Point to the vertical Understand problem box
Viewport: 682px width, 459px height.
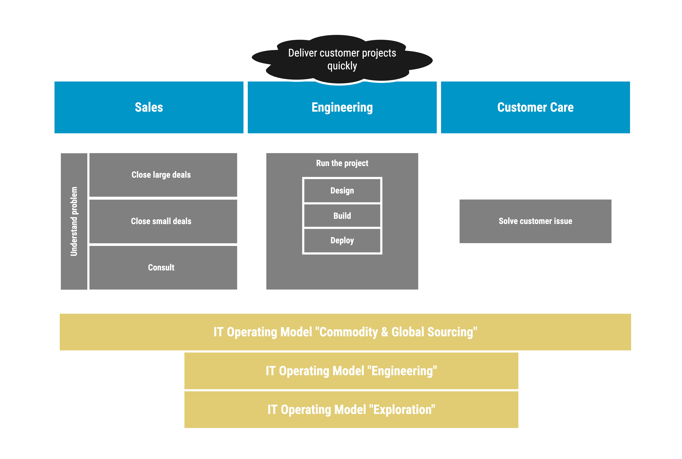tap(74, 221)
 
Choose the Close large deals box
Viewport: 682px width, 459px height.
tap(163, 175)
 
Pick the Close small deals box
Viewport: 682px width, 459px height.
tap(163, 221)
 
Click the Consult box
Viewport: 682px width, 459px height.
tap(163, 268)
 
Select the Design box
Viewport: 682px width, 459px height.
tap(342, 191)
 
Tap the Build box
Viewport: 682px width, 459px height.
tap(342, 216)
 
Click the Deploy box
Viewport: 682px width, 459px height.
tap(342, 240)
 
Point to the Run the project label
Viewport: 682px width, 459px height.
tap(342, 163)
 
